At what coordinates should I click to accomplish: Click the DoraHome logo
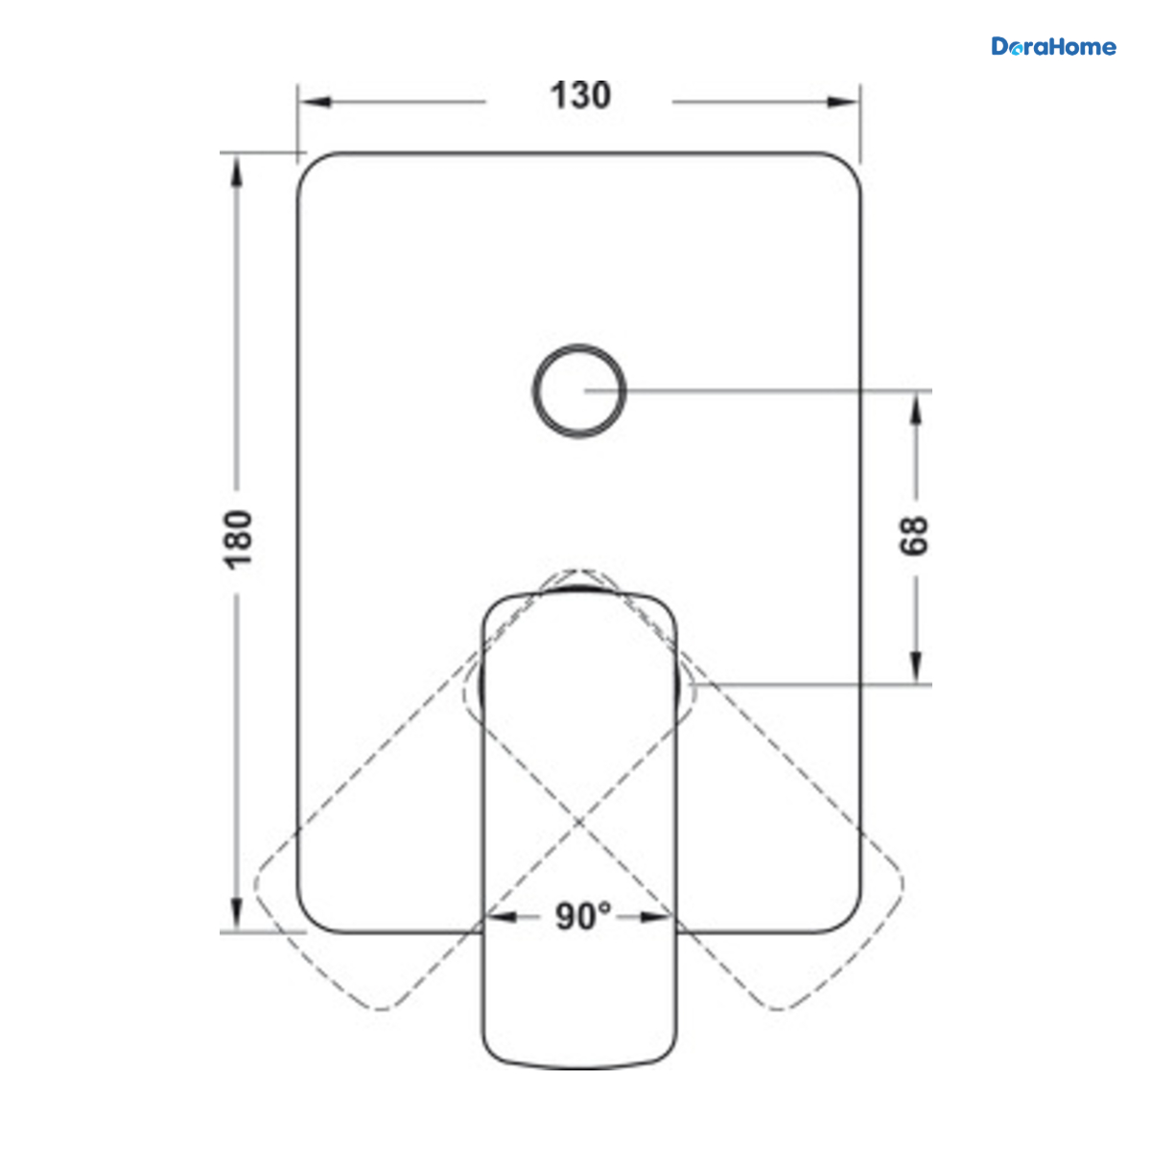click(1053, 47)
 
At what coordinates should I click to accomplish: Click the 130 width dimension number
click(580, 96)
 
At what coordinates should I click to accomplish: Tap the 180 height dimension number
click(238, 539)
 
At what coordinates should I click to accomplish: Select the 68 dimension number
click(914, 536)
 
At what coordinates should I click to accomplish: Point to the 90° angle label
click(583, 916)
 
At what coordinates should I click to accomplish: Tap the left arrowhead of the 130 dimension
click(315, 102)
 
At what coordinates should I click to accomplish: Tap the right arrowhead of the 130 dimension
click(843, 102)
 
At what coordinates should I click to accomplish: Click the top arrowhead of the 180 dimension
click(237, 172)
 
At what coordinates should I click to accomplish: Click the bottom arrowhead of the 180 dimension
click(237, 914)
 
